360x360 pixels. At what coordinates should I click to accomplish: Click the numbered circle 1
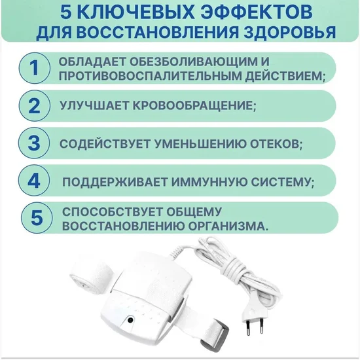35,68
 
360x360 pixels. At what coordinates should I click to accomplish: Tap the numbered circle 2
35,106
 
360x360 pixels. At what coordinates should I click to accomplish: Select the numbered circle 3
34,143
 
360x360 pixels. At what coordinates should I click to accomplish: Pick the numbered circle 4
34,181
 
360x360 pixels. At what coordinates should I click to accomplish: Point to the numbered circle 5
37,218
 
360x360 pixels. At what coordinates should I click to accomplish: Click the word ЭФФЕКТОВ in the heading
257,12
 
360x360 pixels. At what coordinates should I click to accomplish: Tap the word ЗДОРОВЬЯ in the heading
289,32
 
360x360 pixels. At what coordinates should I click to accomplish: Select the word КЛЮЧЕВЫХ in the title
137,12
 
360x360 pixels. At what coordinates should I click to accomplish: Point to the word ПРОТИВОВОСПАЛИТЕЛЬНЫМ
150,76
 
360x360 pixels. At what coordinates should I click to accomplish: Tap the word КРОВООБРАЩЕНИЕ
194,105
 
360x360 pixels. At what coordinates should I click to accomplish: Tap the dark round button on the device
130,319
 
